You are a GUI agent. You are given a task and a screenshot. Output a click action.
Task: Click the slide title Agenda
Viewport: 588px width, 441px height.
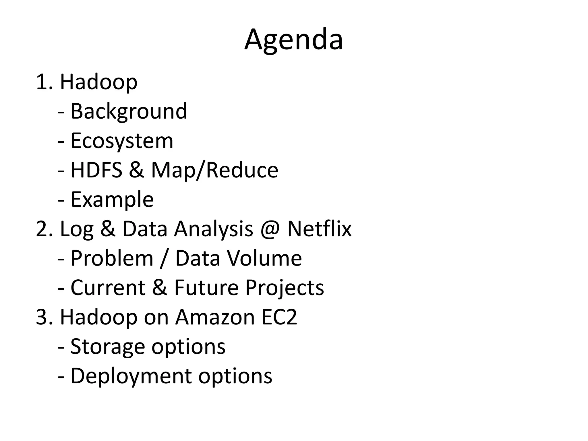pos(293,40)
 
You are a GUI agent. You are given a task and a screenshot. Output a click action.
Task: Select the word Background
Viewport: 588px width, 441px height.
pos(129,111)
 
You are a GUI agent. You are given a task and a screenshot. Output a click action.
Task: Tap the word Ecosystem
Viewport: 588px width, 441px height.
pos(122,141)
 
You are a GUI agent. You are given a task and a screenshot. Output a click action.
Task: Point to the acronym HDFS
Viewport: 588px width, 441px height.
pos(96,170)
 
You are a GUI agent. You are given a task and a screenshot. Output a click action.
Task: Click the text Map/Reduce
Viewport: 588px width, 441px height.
pos(214,170)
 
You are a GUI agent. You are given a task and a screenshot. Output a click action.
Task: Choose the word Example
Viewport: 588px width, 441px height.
pos(112,200)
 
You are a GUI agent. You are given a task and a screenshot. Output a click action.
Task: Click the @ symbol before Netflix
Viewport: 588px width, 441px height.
pos(270,229)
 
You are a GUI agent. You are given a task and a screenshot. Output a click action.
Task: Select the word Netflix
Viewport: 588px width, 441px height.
pos(319,229)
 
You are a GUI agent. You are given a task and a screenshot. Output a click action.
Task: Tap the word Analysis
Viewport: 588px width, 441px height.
pos(214,229)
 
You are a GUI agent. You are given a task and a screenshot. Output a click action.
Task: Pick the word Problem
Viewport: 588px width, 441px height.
pos(112,258)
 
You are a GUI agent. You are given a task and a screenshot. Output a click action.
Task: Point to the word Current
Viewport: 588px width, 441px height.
pos(108,288)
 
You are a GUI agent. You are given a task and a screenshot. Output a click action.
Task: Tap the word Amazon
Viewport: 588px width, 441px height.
pos(215,317)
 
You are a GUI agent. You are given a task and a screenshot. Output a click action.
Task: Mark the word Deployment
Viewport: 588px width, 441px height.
pos(131,376)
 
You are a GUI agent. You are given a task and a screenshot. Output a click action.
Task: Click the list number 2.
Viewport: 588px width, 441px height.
pos(42,229)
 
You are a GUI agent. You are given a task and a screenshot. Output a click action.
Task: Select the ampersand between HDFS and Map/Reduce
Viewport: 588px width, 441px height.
pos(136,170)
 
